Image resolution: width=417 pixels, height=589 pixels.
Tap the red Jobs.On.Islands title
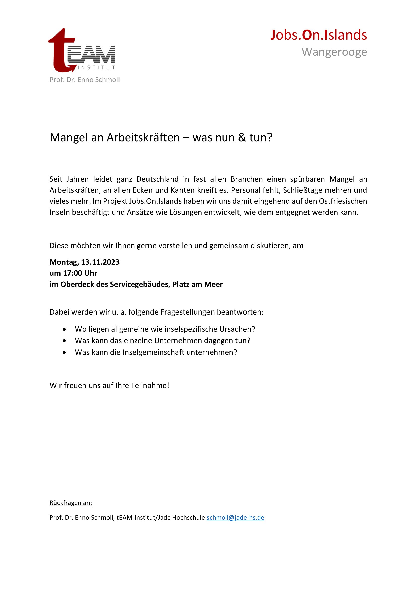tap(318, 35)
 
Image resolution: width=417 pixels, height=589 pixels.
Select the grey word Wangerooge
tap(334, 52)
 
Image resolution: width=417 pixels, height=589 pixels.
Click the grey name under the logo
tap(84, 80)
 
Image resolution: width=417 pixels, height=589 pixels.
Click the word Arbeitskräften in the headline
tap(143, 137)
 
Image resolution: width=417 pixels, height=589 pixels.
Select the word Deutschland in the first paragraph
tap(157, 179)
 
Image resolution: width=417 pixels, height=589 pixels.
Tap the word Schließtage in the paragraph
tap(303, 190)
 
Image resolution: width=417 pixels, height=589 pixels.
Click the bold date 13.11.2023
tap(100, 262)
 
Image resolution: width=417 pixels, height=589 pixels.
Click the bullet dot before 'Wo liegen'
tap(64, 329)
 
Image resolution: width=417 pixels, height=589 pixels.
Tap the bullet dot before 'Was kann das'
tap(64, 341)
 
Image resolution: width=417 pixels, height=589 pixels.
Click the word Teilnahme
tap(150, 385)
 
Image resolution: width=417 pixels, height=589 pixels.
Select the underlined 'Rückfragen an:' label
tap(71, 503)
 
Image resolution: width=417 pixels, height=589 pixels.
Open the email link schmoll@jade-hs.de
tap(235, 518)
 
